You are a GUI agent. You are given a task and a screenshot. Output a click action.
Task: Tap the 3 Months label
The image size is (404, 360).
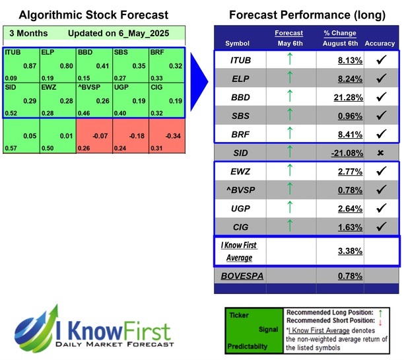tap(26, 32)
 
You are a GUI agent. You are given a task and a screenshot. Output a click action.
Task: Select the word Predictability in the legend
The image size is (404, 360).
tap(248, 345)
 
